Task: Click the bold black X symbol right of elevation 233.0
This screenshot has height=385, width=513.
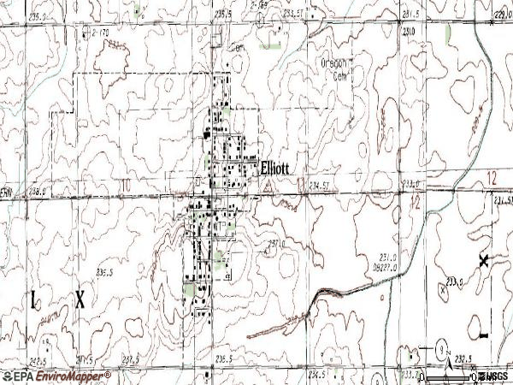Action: coord(484,262)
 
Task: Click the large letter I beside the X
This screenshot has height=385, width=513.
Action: coord(35,299)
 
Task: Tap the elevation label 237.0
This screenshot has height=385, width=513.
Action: coord(274,243)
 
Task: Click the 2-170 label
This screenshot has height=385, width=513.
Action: coord(99,33)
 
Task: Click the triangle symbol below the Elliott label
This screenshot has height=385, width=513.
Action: coord(267,183)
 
